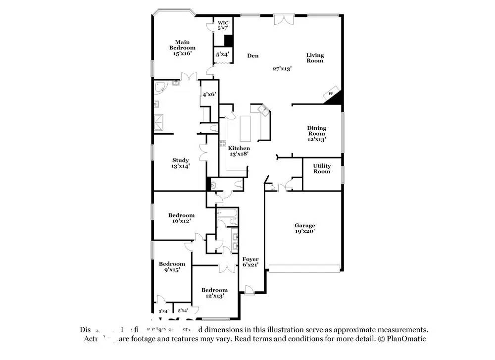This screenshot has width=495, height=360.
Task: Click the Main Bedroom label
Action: coord(182,48)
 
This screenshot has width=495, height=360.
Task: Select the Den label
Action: coord(253,56)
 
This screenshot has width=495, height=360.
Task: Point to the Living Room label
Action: coord(314,58)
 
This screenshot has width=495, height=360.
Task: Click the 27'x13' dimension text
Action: coord(282,69)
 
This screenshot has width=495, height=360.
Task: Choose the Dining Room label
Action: coord(317,133)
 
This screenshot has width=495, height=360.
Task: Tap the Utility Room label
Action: coord(322,168)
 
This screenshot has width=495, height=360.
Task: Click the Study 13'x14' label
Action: coord(180,163)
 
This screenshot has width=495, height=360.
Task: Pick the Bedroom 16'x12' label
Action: coord(181,218)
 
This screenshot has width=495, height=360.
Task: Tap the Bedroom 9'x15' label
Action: coord(172,266)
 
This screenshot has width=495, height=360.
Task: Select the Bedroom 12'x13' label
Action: coord(214,293)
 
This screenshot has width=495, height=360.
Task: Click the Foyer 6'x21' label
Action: coord(250,262)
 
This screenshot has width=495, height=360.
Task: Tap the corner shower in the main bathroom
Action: coord(160,88)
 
